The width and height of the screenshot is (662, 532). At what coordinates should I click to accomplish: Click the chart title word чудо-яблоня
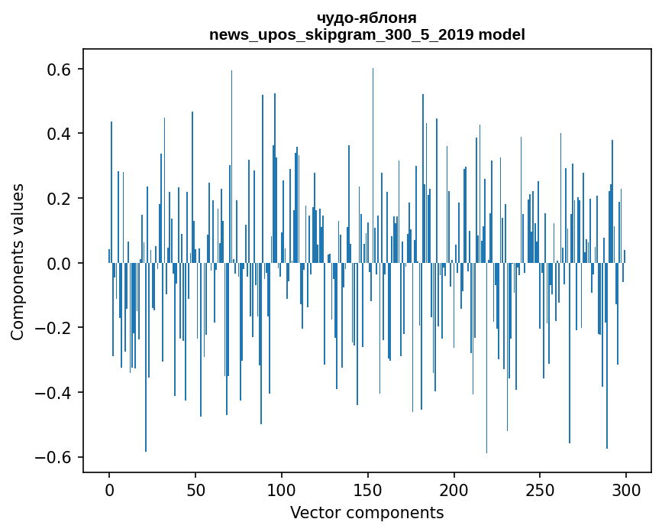tap(367, 18)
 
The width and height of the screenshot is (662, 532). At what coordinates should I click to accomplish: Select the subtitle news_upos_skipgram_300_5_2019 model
tap(367, 34)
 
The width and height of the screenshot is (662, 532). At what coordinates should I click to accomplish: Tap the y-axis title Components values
tap(18, 261)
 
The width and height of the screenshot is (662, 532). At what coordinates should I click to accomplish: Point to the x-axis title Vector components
tap(367, 512)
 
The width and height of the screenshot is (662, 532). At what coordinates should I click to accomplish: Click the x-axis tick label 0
tap(109, 489)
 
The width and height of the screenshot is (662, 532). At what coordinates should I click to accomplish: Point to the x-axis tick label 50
tap(195, 489)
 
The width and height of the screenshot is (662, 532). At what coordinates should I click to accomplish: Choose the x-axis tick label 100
tap(282, 489)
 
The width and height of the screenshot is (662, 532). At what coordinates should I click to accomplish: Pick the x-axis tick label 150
tap(368, 489)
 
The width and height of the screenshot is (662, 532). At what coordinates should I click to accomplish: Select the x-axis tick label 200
tap(454, 489)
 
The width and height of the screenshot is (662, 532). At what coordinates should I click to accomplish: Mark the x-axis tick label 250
tap(540, 489)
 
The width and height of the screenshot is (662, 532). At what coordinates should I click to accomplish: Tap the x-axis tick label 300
tap(626, 489)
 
